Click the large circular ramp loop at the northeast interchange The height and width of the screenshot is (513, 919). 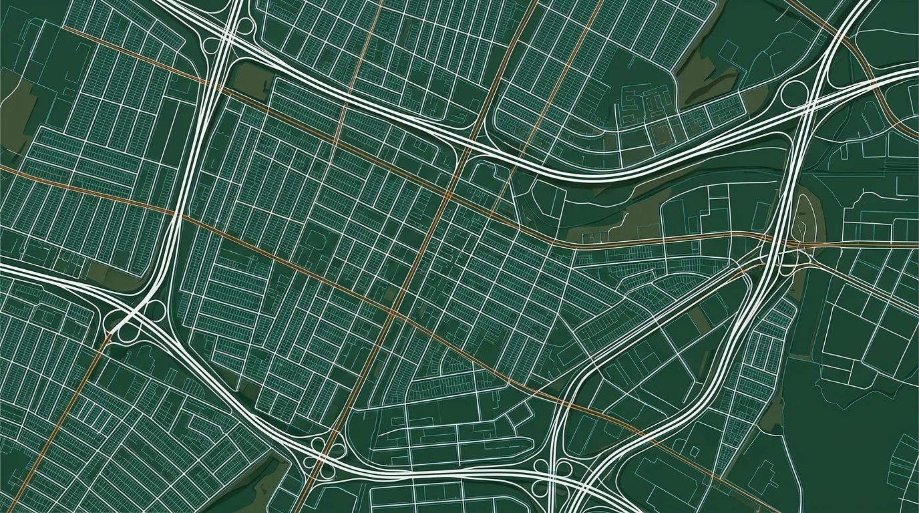coord(794,94)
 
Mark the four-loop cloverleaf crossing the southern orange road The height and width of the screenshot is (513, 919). coord(319,454)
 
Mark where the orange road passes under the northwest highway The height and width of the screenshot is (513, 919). coord(217,87)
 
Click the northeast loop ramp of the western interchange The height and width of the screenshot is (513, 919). coord(156,309)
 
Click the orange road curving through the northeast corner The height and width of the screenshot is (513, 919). coord(868,73)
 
